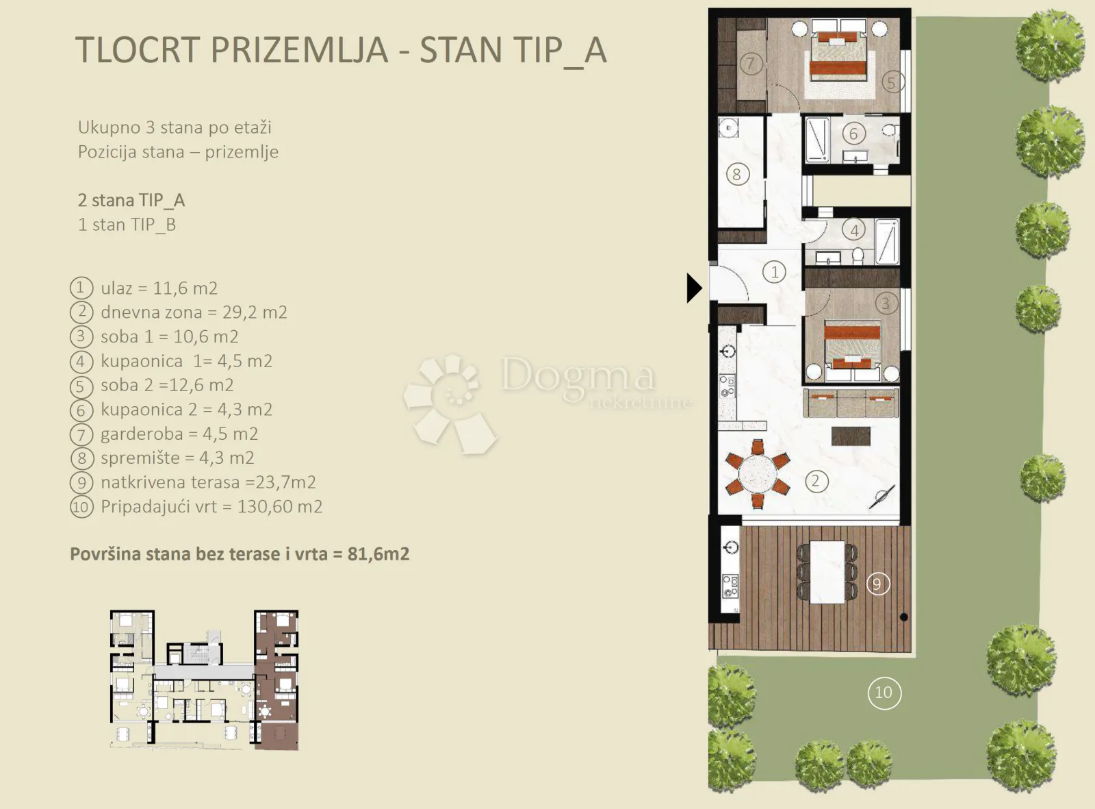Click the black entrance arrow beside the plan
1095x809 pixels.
(694, 288)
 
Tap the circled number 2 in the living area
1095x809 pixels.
(816, 481)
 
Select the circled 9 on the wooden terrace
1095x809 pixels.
(878, 584)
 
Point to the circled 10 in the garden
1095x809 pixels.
(884, 693)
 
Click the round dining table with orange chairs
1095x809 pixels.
(758, 473)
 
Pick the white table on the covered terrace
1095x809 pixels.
(827, 572)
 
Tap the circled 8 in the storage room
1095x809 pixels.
(737, 174)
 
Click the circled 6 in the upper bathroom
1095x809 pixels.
(853, 134)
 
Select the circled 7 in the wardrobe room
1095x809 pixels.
(751, 63)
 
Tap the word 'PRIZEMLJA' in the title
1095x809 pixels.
(300, 50)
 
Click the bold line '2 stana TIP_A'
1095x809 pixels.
(131, 201)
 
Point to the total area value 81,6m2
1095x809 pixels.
(378, 554)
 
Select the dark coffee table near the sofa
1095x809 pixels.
(851, 436)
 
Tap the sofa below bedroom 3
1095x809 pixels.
(851, 403)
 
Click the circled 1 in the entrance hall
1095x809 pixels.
(774, 272)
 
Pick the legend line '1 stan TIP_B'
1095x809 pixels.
(127, 225)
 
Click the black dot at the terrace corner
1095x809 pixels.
(903, 617)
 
